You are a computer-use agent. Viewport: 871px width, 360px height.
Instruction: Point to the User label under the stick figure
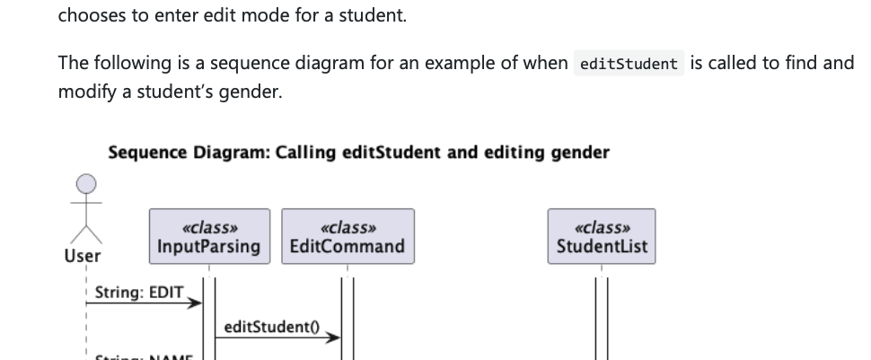[x=84, y=256]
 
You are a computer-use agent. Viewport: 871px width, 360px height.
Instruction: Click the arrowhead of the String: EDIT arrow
[x=196, y=304]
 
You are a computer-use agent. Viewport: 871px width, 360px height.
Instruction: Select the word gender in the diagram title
[x=581, y=153]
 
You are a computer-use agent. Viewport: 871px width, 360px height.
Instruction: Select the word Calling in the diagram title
[x=307, y=153]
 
